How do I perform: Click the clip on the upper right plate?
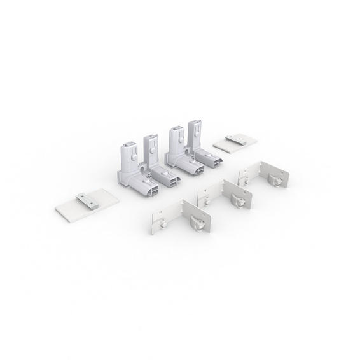[x=237, y=138]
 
